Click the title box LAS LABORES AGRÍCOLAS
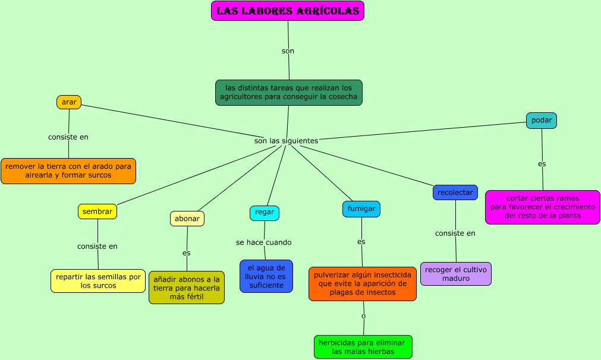288,11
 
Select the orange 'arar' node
69,102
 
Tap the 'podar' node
542,121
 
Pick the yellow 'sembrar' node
97,211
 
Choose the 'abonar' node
187,219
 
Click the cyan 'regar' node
265,213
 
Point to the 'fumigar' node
361,209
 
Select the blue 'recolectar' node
455,192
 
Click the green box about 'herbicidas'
363,347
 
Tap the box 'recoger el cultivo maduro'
456,274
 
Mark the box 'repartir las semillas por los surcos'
98,281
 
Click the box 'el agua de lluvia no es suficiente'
266,276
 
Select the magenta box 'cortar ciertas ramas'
542,207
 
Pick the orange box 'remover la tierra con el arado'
68,171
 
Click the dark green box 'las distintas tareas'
288,93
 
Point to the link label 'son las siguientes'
286,141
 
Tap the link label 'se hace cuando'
263,242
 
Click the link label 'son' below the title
288,51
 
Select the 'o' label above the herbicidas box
363,315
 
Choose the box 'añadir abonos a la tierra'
187,288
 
